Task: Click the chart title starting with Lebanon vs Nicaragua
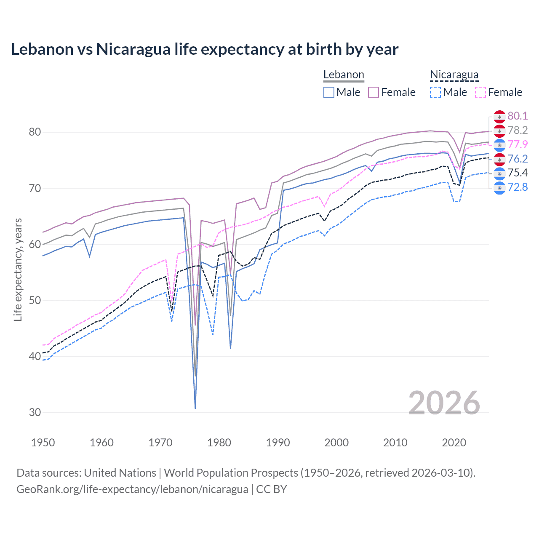205,49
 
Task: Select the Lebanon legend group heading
344,75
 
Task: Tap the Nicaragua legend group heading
454,75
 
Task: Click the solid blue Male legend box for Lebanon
329,92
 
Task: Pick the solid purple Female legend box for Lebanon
374,92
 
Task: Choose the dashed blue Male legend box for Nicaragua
435,92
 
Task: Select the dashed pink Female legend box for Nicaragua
480,92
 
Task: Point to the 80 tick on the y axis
35,132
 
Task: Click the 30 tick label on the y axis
35,412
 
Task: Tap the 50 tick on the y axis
35,300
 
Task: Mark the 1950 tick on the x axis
43,443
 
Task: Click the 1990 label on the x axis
278,443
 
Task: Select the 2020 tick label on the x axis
454,443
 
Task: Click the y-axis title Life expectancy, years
18,269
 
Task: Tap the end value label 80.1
518,116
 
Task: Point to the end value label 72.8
518,187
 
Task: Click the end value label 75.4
518,173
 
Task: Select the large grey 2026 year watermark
444,403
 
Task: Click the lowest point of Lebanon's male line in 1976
195,408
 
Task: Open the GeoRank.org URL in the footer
132,489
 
